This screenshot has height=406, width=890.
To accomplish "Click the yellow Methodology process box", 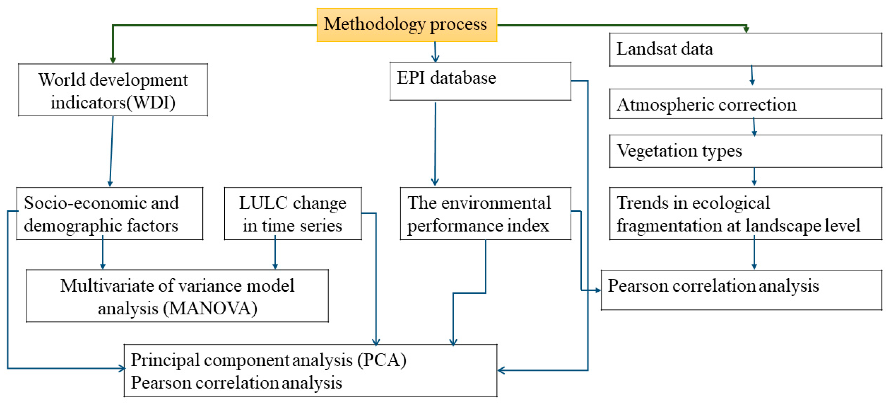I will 407,25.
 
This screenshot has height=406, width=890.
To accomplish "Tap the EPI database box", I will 480,81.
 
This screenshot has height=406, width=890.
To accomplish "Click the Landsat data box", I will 745,49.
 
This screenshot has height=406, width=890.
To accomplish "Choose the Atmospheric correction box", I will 745,104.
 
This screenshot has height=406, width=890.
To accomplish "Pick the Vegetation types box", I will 745,151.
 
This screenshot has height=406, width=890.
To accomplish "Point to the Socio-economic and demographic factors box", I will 110,213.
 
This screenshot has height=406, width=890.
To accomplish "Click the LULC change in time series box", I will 293,213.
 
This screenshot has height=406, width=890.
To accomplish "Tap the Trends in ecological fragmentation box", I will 745,213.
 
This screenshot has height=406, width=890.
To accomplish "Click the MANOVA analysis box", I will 177,296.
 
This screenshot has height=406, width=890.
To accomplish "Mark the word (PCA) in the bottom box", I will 381,360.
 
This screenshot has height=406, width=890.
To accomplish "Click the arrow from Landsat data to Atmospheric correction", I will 752,75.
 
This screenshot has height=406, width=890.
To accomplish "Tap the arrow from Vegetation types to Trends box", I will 754,177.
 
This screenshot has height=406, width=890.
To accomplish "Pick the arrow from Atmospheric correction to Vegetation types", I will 754,127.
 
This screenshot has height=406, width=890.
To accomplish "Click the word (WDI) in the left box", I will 151,103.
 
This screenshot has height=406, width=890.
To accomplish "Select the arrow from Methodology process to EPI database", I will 435,52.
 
